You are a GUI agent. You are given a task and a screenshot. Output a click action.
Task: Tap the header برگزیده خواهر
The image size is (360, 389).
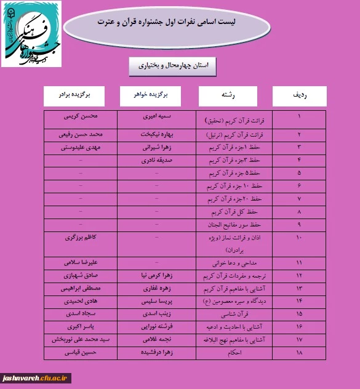click(151, 95)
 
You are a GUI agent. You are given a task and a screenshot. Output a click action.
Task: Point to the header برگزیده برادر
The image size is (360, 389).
click(74, 95)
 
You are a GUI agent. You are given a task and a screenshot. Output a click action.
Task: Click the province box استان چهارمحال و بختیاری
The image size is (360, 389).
click(173, 65)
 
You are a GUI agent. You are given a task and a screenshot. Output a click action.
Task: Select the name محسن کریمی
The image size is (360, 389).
click(84, 115)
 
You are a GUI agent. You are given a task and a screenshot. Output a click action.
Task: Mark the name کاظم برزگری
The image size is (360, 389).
click(84, 237)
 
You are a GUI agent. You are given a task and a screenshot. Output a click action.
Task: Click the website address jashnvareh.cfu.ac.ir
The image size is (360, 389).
click(36, 377)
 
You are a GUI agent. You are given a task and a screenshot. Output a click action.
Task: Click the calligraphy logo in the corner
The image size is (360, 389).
click(32, 34)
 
